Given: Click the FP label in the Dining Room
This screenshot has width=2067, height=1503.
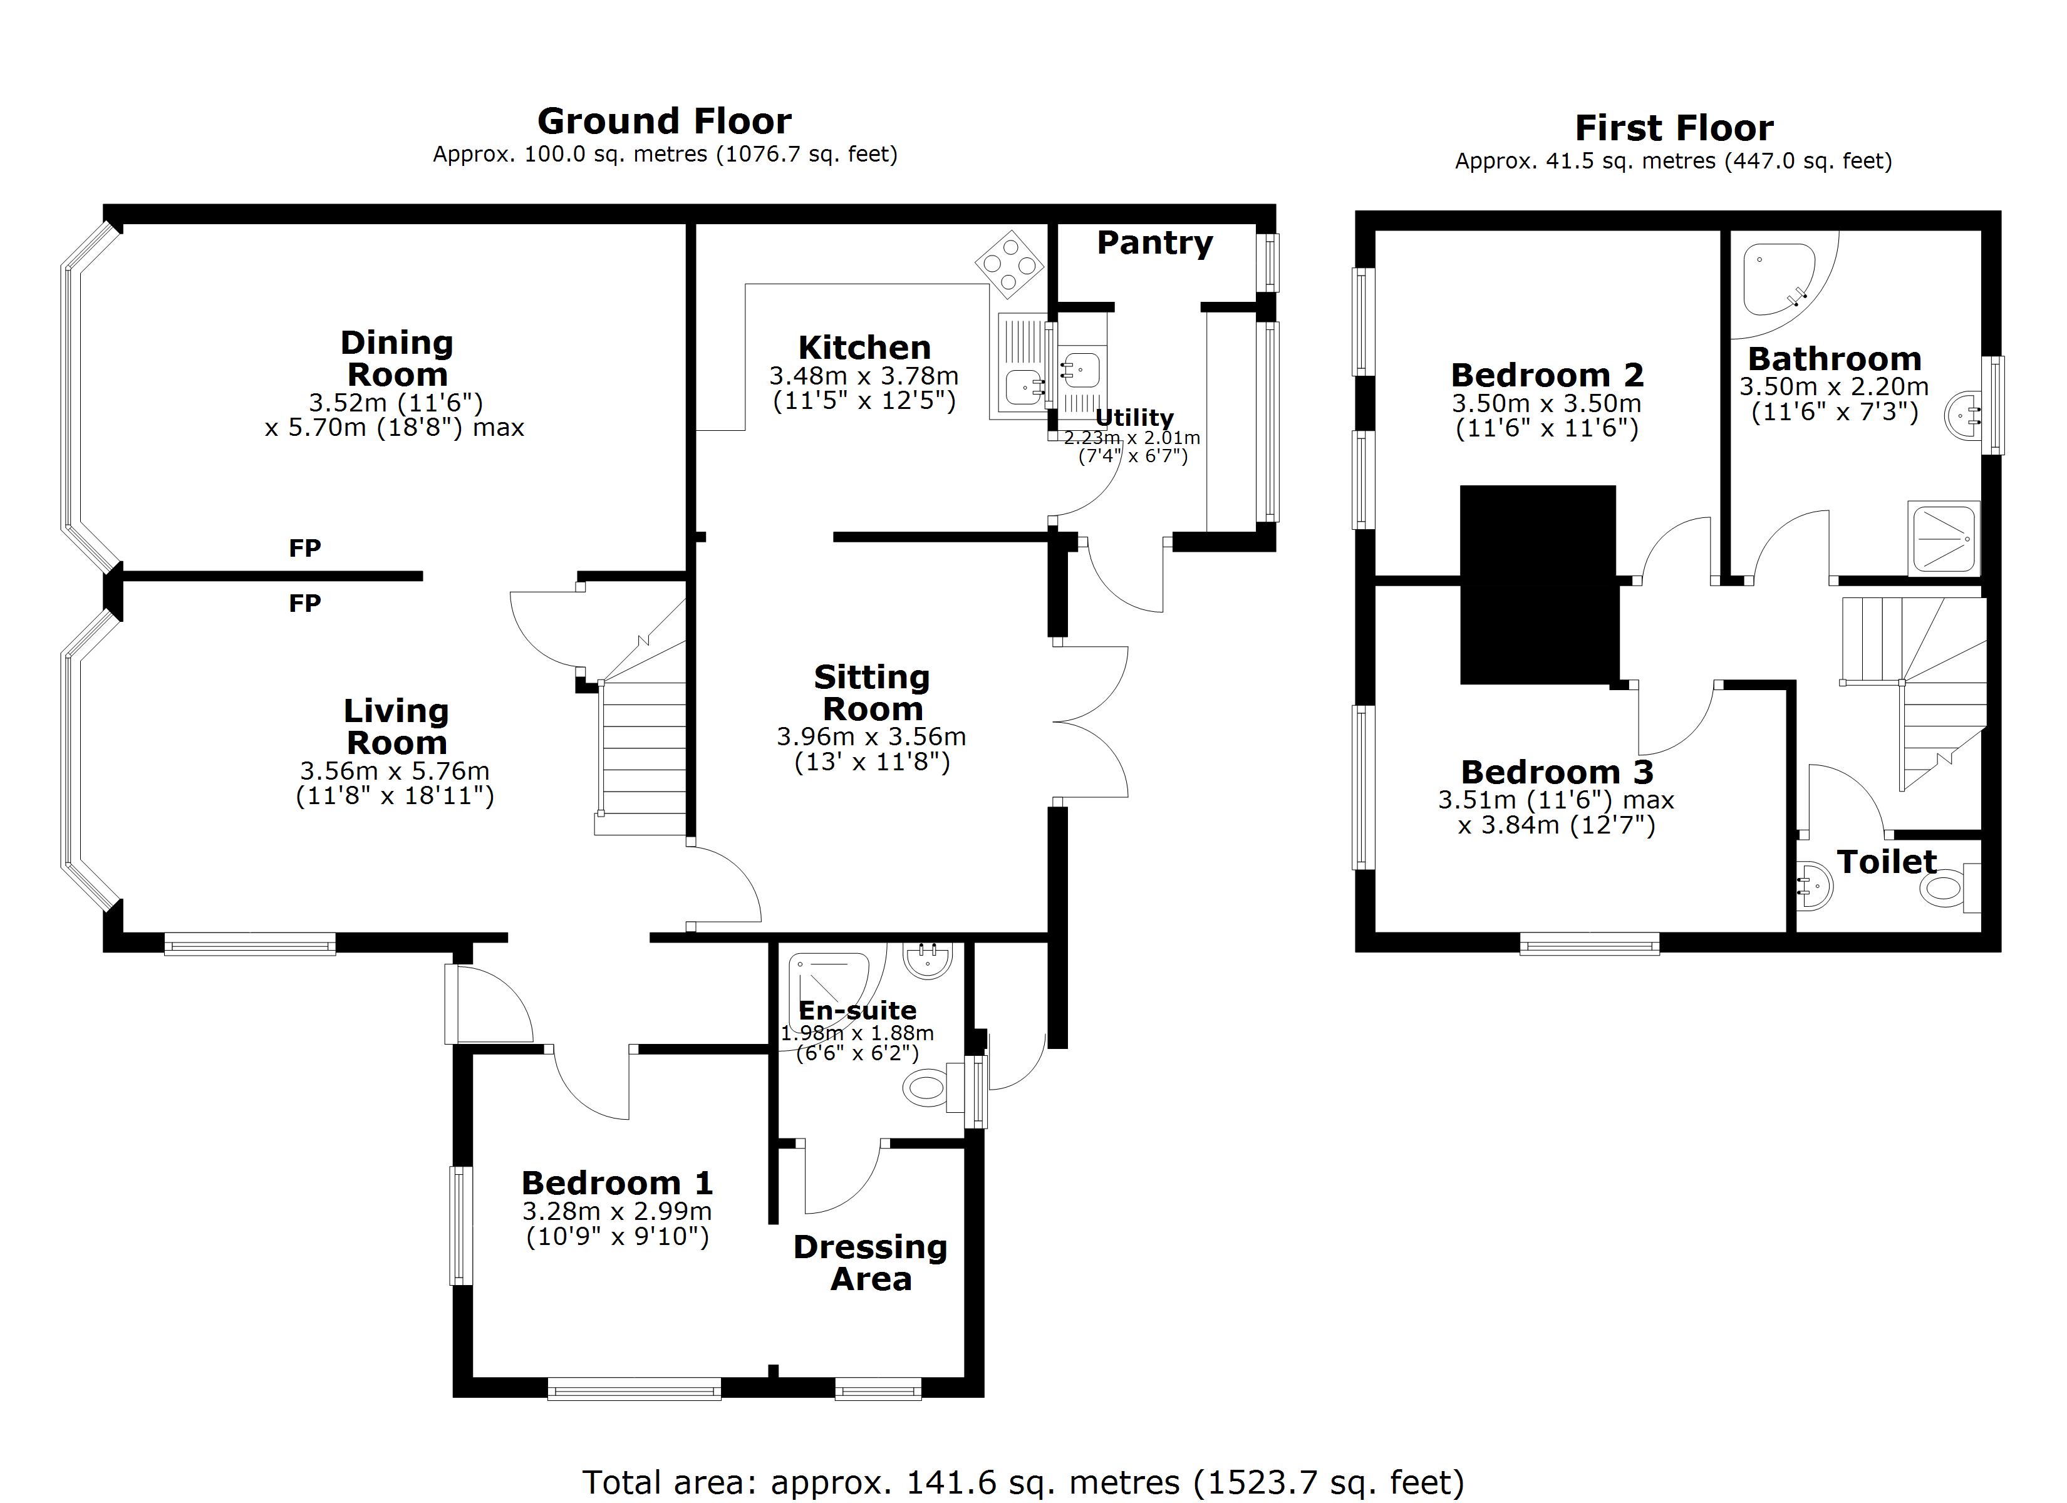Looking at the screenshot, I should click(x=304, y=548).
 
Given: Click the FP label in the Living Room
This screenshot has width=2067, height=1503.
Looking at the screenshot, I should click(x=304, y=602).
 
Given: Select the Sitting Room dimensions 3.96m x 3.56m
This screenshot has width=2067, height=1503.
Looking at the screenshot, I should click(x=871, y=736).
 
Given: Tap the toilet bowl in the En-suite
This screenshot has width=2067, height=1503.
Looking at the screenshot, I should click(x=926, y=1087).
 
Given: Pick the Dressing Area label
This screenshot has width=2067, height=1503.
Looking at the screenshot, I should click(x=871, y=1263).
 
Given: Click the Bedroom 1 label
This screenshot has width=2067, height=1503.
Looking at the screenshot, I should click(x=617, y=1183).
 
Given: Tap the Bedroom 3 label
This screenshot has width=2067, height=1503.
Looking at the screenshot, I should click(x=1557, y=772).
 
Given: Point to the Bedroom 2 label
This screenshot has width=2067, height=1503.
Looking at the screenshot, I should click(x=1546, y=374).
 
